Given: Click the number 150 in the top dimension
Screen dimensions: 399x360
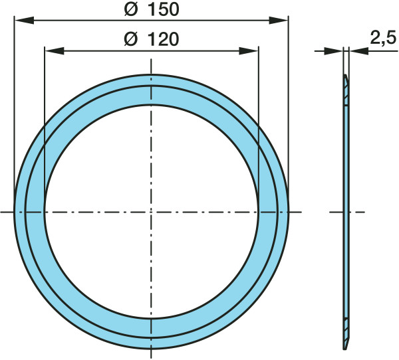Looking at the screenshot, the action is (x=164, y=10).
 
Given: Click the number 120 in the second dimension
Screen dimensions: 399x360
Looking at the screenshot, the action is (x=164, y=40).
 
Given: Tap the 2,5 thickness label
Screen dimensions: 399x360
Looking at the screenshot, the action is (x=384, y=38).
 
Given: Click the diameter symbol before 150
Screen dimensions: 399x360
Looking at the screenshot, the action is (x=131, y=10).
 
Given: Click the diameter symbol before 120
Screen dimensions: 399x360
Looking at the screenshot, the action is (x=131, y=40).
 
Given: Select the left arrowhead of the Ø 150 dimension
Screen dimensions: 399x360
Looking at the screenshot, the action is (x=24, y=21).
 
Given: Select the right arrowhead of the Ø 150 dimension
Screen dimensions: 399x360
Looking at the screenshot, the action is (x=279, y=21).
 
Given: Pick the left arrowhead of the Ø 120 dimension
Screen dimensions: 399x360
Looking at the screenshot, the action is (x=55, y=50).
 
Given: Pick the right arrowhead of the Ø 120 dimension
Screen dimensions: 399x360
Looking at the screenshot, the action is (x=249, y=50).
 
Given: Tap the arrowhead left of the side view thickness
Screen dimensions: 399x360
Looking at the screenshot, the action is (x=334, y=51).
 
